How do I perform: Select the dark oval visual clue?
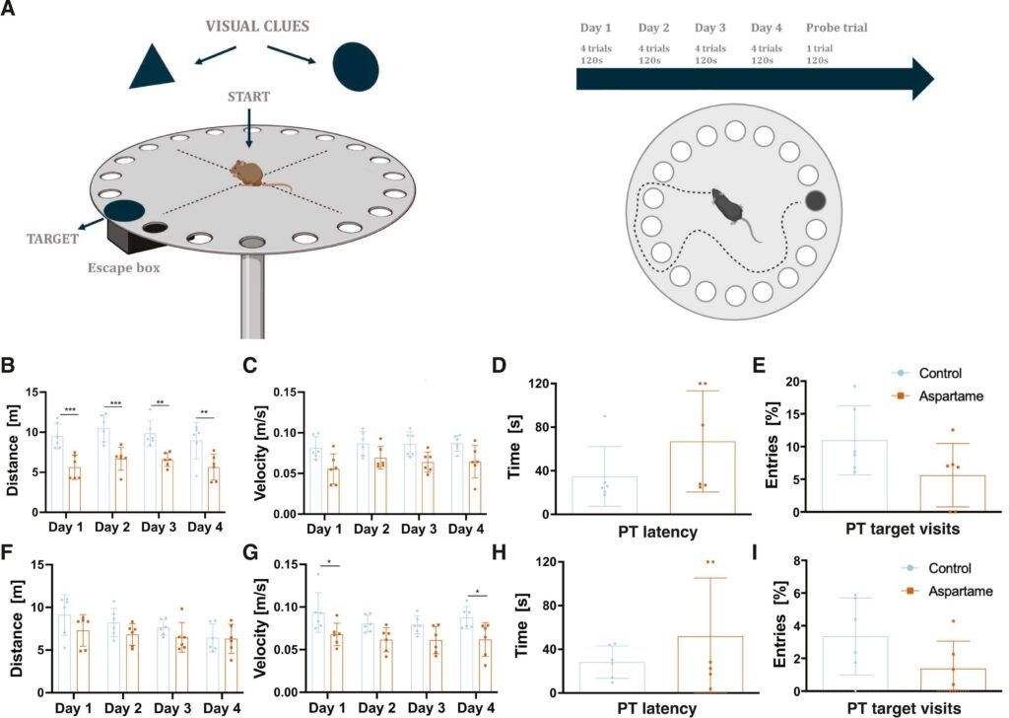355,65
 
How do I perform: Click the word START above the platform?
248,96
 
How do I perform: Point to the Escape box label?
122,265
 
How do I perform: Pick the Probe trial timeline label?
837,28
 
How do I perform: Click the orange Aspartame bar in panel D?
704,477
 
